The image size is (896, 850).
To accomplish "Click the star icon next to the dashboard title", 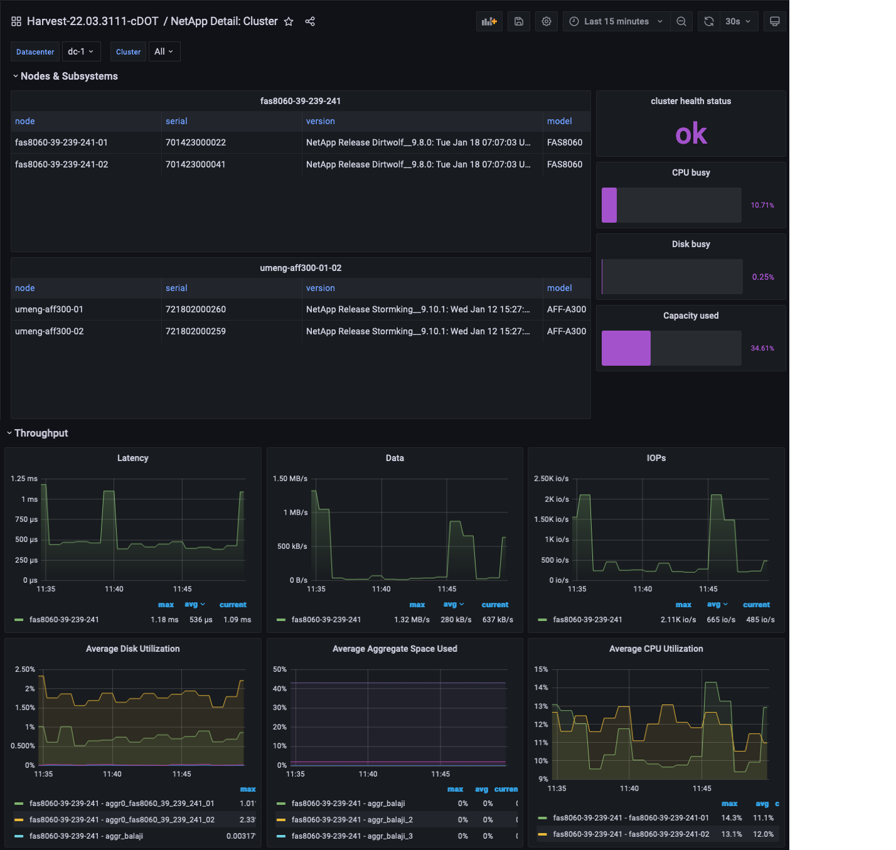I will [x=289, y=21].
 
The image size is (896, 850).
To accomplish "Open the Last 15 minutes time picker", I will [x=616, y=21].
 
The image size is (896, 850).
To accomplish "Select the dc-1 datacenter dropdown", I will [x=81, y=51].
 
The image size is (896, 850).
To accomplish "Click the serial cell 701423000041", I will [x=195, y=164].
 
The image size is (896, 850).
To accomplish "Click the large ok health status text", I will [x=691, y=134].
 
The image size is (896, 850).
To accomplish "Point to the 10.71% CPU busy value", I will [x=762, y=205].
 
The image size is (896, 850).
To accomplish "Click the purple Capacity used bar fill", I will [x=626, y=348].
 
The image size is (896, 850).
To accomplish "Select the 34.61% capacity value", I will [x=762, y=348].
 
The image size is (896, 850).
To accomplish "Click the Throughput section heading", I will [x=41, y=433].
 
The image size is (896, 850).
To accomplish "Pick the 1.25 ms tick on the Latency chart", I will [x=24, y=479].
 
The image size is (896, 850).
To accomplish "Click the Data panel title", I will [x=395, y=458].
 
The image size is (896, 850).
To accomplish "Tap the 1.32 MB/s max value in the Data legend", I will [x=412, y=620].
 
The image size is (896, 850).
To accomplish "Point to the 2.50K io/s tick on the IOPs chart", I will [x=551, y=479].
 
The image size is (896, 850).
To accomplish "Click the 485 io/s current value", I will [x=760, y=620].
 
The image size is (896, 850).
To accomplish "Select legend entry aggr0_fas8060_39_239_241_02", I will [x=122, y=820].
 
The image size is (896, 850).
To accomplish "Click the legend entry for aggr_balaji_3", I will [x=352, y=836].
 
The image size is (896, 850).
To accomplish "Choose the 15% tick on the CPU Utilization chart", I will [x=541, y=669].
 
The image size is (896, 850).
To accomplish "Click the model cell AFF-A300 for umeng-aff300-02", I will [x=566, y=331].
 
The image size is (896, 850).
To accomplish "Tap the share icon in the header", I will [x=310, y=21].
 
